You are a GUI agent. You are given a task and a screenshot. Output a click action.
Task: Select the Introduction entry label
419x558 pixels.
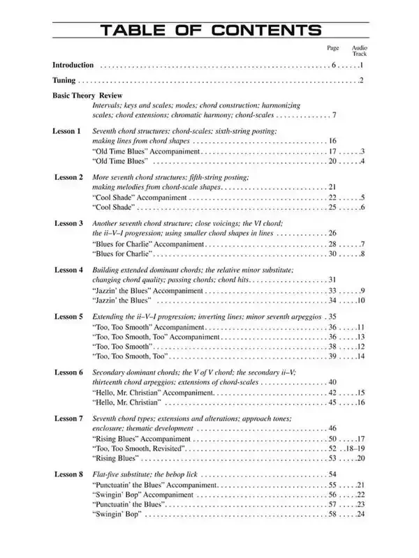[x=73, y=65]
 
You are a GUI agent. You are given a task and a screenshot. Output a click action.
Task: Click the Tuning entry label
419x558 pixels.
[x=64, y=81]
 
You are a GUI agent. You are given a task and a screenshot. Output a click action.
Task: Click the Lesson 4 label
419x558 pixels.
[x=68, y=269]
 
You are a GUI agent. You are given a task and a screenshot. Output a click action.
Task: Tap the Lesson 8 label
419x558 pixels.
[x=68, y=474]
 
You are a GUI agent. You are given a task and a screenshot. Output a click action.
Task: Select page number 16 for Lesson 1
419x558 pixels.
[x=332, y=141]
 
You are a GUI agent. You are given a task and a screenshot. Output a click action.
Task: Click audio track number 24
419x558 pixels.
[x=360, y=514]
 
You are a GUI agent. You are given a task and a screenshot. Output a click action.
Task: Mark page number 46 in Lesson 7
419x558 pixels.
[x=332, y=428]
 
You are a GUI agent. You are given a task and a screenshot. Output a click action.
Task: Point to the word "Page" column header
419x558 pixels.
[x=332, y=47]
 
